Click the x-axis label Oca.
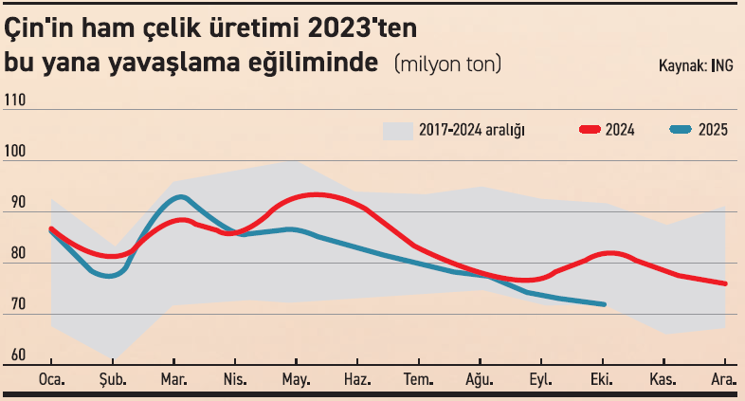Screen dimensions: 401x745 (x=51, y=379)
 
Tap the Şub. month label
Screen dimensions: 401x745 (x=113, y=379)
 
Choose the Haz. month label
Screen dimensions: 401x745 (x=356, y=379)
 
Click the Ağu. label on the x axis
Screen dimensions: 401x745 (x=480, y=379)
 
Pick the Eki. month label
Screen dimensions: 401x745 (x=603, y=379)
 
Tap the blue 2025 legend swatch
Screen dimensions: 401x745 (x=680, y=130)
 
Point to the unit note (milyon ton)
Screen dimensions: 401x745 (x=446, y=64)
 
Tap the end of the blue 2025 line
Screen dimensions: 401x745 (x=604, y=304)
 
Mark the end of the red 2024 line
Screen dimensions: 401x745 (x=725, y=283)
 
